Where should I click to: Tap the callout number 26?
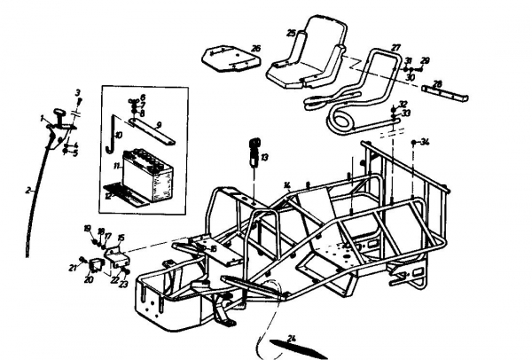pos(255,48)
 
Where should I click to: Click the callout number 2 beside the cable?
pos(29,189)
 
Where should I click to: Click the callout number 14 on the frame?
pos(286,184)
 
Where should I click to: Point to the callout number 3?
pos(77,92)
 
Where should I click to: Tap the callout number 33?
pos(406,114)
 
